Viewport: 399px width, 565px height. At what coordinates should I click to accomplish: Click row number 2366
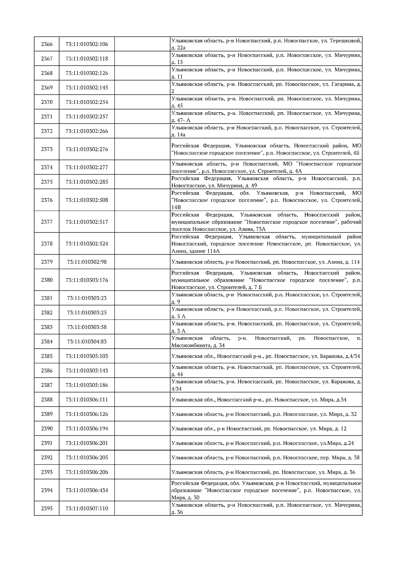pyautogui.click(x=47, y=44)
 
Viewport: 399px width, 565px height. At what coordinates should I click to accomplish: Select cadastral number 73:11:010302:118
pyautogui.click(x=87, y=59)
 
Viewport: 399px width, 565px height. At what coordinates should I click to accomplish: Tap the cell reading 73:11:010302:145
pyautogui.click(x=87, y=88)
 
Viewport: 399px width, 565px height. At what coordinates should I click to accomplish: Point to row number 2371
pyautogui.click(x=47, y=117)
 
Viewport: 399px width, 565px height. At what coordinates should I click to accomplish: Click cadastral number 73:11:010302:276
pyautogui.click(x=87, y=149)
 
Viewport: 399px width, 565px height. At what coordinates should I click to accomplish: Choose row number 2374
pyautogui.click(x=47, y=167)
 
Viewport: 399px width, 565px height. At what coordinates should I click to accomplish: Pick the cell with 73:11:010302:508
pyautogui.click(x=87, y=200)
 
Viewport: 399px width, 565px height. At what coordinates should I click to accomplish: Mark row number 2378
pyautogui.click(x=47, y=243)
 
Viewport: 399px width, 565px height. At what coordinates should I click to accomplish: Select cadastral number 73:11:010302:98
pyautogui.click(x=87, y=262)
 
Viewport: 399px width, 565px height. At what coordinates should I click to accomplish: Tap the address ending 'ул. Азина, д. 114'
pyautogui.click(x=265, y=262)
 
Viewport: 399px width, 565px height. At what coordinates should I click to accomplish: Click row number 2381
pyautogui.click(x=47, y=298)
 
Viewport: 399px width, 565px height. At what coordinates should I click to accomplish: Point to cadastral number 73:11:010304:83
pyautogui.click(x=87, y=341)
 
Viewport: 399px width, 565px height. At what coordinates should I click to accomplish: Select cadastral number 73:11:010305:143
pyautogui.click(x=87, y=371)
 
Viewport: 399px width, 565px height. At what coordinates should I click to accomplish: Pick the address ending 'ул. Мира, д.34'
pyautogui.click(x=259, y=400)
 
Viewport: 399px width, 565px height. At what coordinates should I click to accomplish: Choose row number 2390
pyautogui.click(x=47, y=428)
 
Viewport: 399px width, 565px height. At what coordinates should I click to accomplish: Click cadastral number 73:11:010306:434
pyautogui.click(x=87, y=490)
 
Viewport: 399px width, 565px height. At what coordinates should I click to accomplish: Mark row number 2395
pyautogui.click(x=47, y=508)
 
